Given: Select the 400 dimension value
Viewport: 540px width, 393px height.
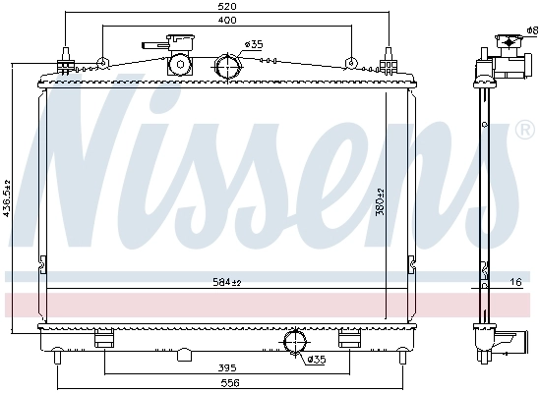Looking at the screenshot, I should point(227,21).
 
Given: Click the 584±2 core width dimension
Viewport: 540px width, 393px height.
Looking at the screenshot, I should point(227,283).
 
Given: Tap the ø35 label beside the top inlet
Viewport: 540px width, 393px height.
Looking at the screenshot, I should point(254,44).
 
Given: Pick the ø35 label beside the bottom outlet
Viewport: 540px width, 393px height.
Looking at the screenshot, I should point(315,359).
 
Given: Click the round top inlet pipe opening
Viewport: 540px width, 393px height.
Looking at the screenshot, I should point(227,67).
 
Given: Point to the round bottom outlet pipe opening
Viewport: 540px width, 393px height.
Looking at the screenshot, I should point(294,342).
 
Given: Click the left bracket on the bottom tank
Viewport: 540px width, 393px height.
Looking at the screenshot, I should point(104,340).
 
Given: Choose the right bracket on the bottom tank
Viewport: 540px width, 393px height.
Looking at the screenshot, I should point(349,340).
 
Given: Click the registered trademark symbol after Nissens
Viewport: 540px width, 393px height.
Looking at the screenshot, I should point(523,131).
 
